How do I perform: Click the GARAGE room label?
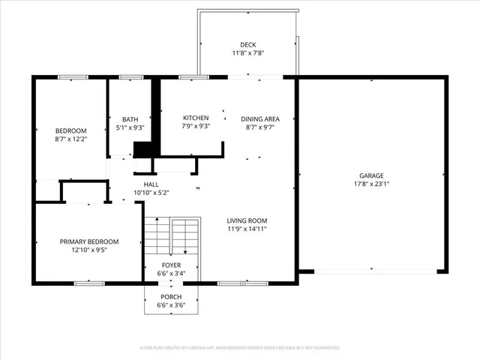point(373,175)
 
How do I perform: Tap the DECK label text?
point(247,45)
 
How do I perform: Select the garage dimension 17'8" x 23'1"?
point(373,184)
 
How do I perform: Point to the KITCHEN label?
point(196,118)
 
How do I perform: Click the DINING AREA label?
point(260,118)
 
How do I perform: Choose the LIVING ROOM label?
point(247,220)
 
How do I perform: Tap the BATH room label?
point(130,118)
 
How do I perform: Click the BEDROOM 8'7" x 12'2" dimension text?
point(71,139)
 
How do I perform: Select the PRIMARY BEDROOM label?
point(89,241)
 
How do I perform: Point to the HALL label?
point(151,184)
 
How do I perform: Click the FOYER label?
point(172,265)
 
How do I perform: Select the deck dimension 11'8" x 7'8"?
point(247,53)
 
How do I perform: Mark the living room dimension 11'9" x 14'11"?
point(247,229)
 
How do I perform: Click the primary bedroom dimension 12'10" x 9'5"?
point(89,250)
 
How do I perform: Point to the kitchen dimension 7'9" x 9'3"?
point(196,127)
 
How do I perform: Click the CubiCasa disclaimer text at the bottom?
point(240,348)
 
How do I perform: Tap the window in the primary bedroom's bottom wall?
point(88,283)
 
